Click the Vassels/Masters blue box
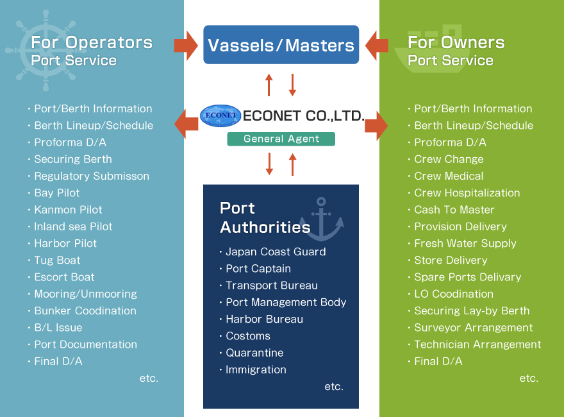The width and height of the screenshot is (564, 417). [x=281, y=45]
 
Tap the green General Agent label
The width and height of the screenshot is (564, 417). [x=281, y=139]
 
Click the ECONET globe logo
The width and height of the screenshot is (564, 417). [x=220, y=116]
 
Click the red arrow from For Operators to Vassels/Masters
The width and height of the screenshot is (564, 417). [x=186, y=45]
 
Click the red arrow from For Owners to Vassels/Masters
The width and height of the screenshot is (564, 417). [x=377, y=45]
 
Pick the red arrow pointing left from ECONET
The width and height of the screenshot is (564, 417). [x=187, y=124]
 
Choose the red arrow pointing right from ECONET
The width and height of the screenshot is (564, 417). [x=376, y=124]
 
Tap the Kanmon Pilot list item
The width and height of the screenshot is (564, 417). [x=68, y=210]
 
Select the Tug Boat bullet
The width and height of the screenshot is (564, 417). [x=57, y=260]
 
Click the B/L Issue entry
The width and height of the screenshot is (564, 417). [x=58, y=328]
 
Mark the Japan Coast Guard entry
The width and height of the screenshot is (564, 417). [x=276, y=252]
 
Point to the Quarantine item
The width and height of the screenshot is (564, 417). [x=254, y=353]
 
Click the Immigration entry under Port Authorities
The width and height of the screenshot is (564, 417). [x=256, y=370]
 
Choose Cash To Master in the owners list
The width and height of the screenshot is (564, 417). [x=454, y=210]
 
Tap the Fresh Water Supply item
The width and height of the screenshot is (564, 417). [x=465, y=244]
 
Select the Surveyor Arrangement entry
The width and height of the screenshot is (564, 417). [x=473, y=328]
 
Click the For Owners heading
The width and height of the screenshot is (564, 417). [x=456, y=43]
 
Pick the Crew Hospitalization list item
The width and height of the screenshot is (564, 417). [x=467, y=193]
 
